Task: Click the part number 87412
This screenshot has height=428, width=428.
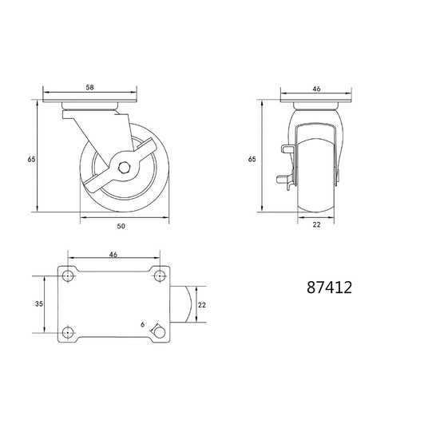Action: click(329, 287)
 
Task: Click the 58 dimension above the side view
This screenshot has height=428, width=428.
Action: click(89, 87)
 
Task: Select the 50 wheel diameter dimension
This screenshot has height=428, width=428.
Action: click(121, 226)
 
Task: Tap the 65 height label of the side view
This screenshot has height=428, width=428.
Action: click(32, 159)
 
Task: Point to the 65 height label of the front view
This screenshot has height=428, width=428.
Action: click(252, 159)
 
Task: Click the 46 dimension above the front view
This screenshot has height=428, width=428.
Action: click(316, 89)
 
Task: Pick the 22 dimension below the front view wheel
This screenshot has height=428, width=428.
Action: click(316, 224)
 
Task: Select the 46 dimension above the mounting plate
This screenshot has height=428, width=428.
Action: click(113, 255)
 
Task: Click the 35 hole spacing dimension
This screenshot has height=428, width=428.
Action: click(39, 303)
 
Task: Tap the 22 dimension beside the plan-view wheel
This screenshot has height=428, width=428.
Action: click(202, 304)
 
